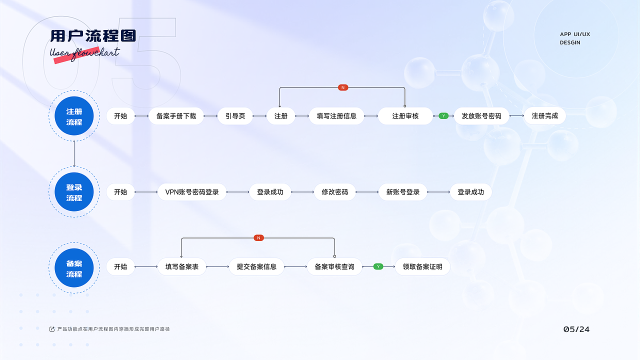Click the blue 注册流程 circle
[x=74, y=116]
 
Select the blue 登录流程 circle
[x=74, y=192]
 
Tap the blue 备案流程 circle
[x=74, y=268]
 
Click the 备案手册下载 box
[x=176, y=116]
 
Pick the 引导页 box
[x=235, y=116]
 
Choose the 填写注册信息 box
[x=336, y=116]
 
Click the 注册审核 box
[x=405, y=116]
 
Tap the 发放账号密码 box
[x=481, y=116]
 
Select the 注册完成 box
[x=545, y=116]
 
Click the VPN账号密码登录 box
[x=192, y=192]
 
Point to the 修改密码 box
[x=335, y=192]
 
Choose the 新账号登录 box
[x=403, y=192]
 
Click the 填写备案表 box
[x=182, y=267]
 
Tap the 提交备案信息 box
[x=256, y=267]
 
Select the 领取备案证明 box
[x=422, y=267]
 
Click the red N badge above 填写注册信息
[x=343, y=87]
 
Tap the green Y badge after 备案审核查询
[x=378, y=266]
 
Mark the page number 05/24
[x=576, y=329]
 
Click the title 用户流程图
[x=93, y=36]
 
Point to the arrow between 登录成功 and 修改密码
[x=302, y=192]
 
